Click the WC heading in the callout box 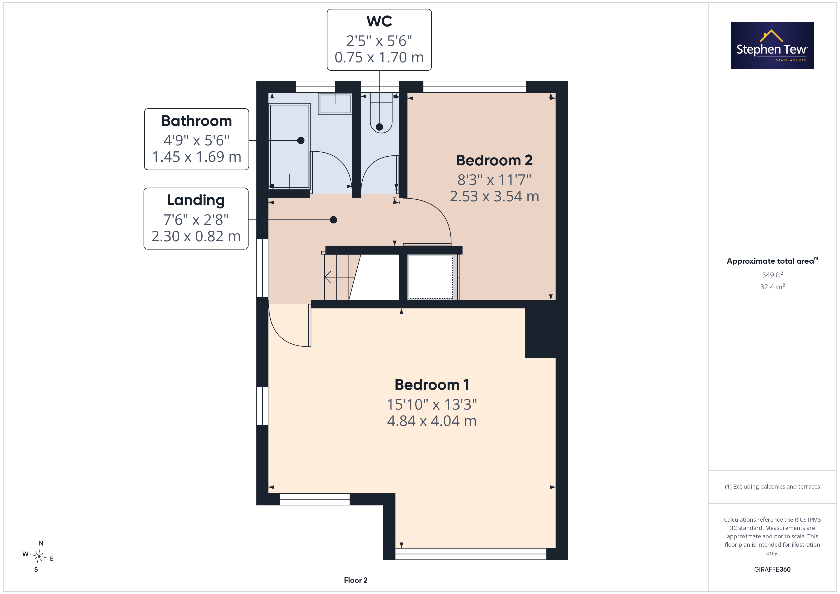click(x=379, y=21)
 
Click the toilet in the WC click(x=381, y=113)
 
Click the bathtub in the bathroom click(x=290, y=146)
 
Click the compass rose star click(x=38, y=556)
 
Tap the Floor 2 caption click(x=356, y=580)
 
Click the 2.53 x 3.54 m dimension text click(x=494, y=196)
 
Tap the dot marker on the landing click(x=333, y=220)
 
